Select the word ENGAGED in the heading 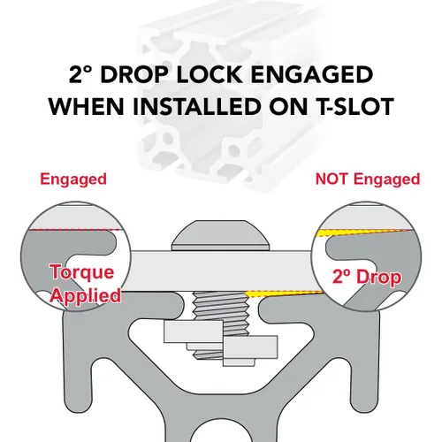click(x=312, y=74)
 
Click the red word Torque click(x=82, y=272)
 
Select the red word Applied click(x=86, y=295)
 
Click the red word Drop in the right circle click(x=379, y=277)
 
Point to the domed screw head click(x=221, y=235)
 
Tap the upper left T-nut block click(x=194, y=331)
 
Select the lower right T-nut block click(x=250, y=347)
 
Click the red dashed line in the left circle click(x=74, y=230)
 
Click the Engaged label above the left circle click(x=73, y=179)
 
